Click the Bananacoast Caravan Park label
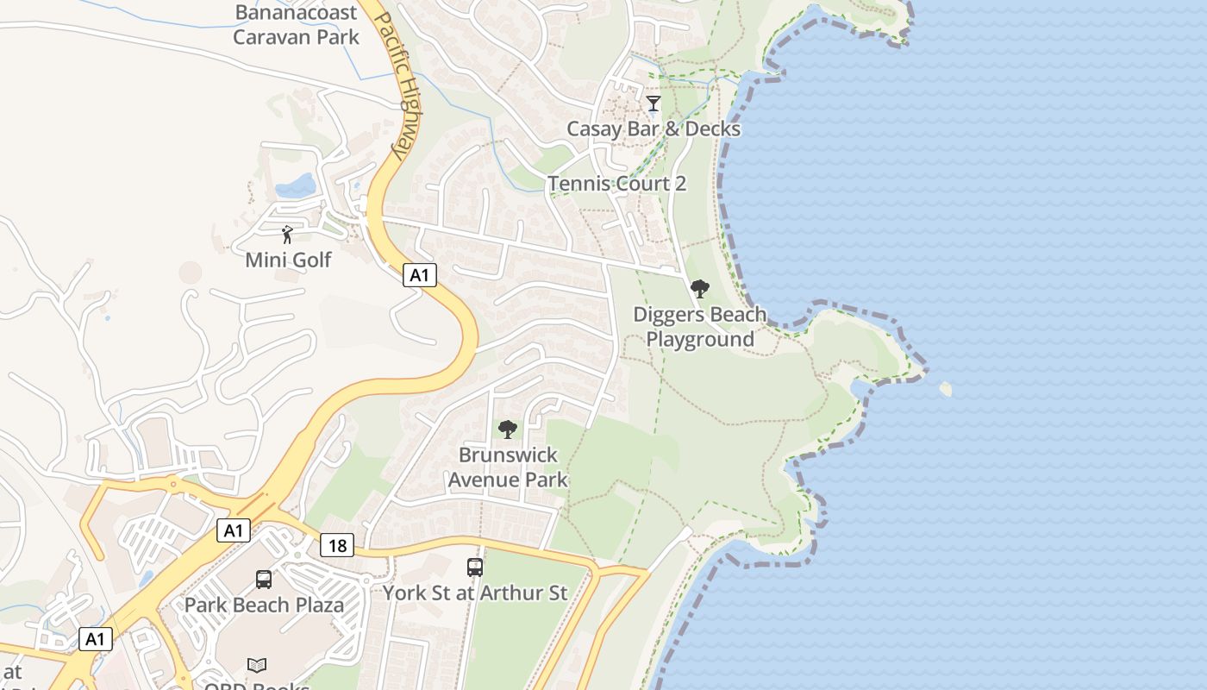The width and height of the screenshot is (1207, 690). point(296,25)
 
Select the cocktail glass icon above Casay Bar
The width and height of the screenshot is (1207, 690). point(654,103)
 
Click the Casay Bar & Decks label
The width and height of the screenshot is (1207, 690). point(654,129)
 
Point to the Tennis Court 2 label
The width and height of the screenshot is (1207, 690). point(617,184)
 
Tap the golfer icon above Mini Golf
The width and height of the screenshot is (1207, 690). point(288,234)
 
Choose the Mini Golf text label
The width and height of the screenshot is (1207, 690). point(288,260)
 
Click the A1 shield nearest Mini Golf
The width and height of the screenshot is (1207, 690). point(419,275)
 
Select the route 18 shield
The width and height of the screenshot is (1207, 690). point(337,545)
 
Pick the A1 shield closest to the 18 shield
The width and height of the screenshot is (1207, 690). point(234,530)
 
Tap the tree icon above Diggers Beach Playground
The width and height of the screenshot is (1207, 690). point(699,289)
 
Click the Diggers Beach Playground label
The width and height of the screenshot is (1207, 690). point(699,327)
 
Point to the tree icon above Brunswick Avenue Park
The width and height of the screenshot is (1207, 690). point(508,429)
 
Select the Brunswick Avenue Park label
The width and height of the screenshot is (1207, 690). point(508,467)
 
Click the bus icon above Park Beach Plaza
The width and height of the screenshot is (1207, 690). point(264,580)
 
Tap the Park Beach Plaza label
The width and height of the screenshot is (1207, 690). point(264,605)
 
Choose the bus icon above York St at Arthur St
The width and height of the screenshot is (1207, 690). point(475,568)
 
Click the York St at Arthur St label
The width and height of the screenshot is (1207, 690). point(475,593)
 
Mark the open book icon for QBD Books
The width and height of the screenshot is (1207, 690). point(257,665)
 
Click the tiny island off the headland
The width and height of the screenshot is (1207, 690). point(946,389)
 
